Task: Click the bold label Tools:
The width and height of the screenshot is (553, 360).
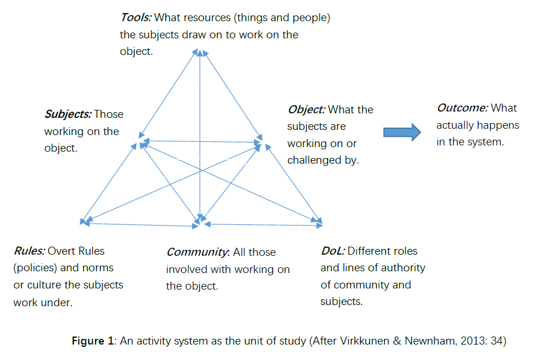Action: pos(135,18)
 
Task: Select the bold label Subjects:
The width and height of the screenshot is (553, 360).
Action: pos(68,114)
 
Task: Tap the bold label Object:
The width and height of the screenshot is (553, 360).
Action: pos(306,109)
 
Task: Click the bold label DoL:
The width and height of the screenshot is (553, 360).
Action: pos(333,251)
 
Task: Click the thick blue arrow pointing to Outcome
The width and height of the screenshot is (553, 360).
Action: pos(402,133)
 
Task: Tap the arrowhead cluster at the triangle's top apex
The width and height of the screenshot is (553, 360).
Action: pos(200,53)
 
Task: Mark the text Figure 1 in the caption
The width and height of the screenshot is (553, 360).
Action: pos(93,342)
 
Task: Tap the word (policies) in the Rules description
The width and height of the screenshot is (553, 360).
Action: pos(34,268)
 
